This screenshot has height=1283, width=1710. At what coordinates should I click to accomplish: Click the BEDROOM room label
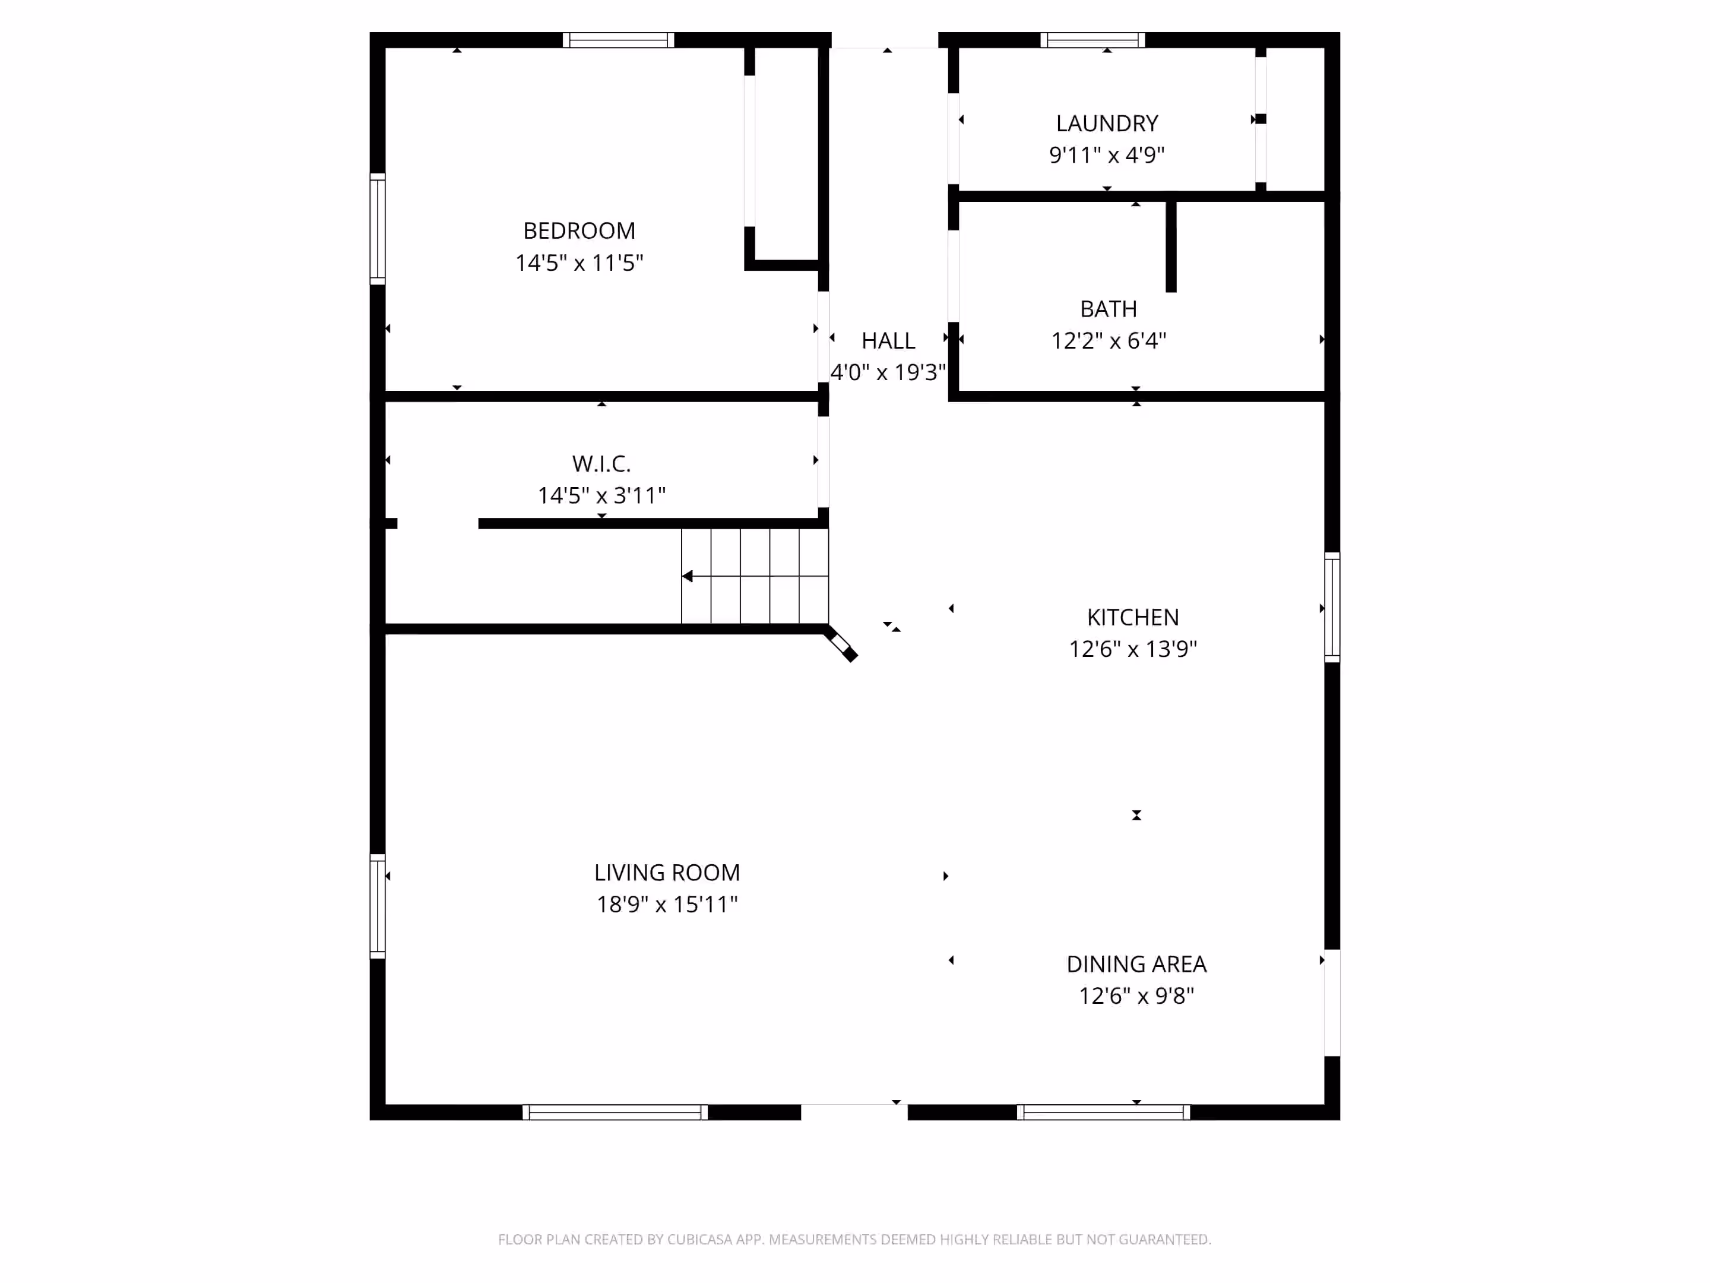579,230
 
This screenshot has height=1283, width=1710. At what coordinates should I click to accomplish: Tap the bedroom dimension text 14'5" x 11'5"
579,263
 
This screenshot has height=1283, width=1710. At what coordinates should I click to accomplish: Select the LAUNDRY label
1107,124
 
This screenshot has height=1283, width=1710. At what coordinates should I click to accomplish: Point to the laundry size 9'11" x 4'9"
1107,154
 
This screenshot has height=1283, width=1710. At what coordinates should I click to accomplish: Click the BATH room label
1109,309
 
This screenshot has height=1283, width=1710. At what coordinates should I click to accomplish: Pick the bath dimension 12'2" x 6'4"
1109,340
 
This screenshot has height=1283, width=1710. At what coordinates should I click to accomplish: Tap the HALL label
888,341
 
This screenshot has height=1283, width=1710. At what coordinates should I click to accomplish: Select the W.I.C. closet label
601,464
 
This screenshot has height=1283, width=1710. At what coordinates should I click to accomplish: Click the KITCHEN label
1133,617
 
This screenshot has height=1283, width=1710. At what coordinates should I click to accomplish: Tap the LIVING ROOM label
667,873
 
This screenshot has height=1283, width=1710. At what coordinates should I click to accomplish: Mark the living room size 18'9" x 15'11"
667,904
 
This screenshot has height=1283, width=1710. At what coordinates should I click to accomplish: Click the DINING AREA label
1136,965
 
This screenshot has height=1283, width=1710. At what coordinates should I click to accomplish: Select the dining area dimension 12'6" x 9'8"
1136,996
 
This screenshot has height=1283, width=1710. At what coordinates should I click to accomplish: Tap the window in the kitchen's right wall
1332,608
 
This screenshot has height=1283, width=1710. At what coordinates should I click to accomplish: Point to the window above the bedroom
619,40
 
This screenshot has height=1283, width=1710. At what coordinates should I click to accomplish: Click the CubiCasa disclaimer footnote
854,1240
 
